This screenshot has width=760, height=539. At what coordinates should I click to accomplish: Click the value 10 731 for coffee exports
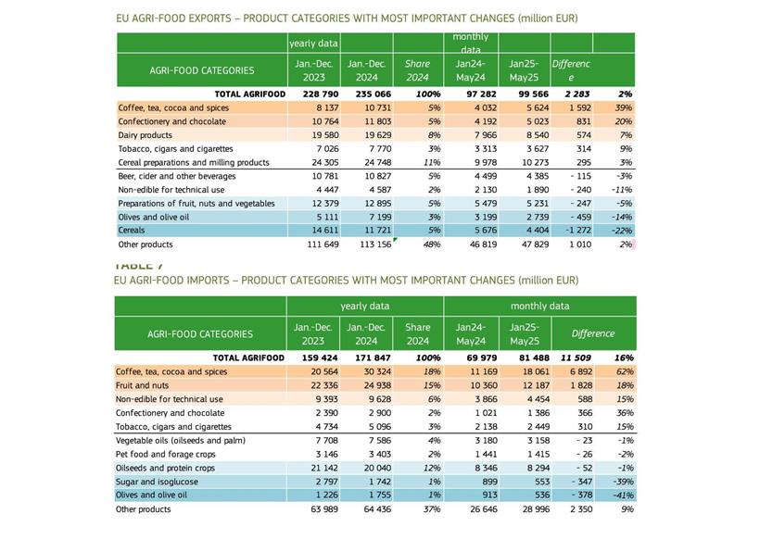[366, 108]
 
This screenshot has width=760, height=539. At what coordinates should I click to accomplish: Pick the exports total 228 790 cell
[313, 94]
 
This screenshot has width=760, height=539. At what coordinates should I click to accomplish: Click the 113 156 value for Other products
[366, 244]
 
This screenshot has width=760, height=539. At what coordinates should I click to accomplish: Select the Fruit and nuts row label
[146, 385]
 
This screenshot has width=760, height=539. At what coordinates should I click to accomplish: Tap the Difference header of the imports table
[592, 333]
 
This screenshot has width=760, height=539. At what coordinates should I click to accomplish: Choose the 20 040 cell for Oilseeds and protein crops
[366, 468]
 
